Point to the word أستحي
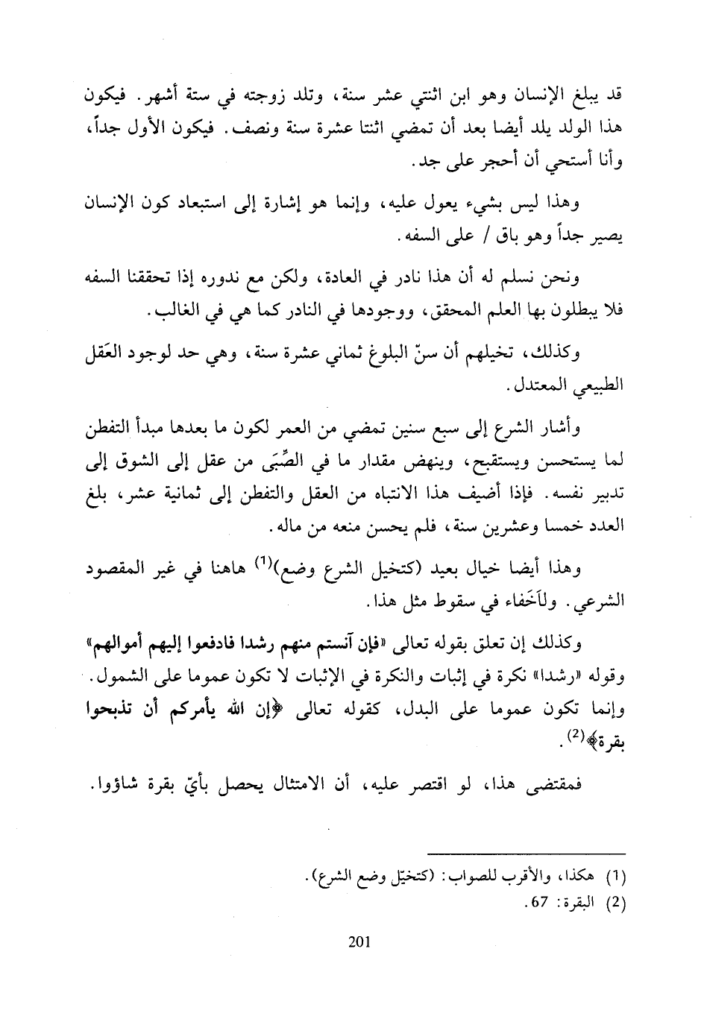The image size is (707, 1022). point(552,159)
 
